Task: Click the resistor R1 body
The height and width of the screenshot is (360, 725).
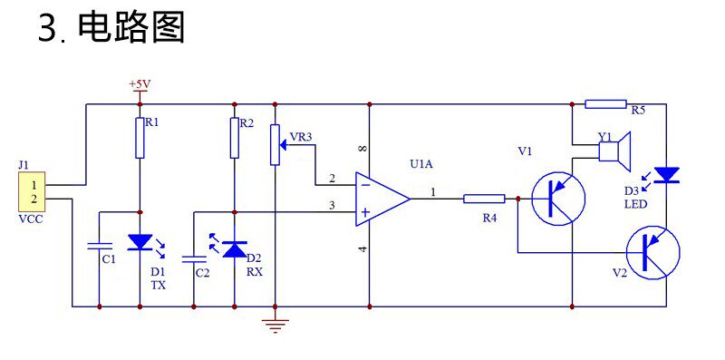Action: (140, 138)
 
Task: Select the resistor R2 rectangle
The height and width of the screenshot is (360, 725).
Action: (235, 138)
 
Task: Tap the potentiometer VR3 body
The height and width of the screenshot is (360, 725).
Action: (275, 144)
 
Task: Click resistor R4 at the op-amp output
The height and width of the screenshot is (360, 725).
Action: (484, 199)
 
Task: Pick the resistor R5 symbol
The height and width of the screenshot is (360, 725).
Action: (605, 104)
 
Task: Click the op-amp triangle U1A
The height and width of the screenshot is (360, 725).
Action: (382, 199)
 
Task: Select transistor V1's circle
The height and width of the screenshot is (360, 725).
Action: (558, 198)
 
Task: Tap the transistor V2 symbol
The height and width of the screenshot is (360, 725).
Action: (652, 253)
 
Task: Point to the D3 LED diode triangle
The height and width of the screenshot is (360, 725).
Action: (666, 175)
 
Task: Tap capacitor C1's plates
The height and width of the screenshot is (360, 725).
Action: (100, 246)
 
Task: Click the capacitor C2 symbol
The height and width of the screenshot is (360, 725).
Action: (194, 259)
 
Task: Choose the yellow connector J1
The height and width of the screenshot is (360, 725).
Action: (32, 192)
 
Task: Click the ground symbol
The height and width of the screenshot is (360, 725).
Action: (275, 326)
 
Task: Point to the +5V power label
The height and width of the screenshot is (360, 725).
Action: (140, 84)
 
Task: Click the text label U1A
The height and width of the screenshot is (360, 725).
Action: (421, 164)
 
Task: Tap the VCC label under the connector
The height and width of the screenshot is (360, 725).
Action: (31, 219)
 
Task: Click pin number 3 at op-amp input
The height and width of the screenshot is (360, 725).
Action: (332, 206)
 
